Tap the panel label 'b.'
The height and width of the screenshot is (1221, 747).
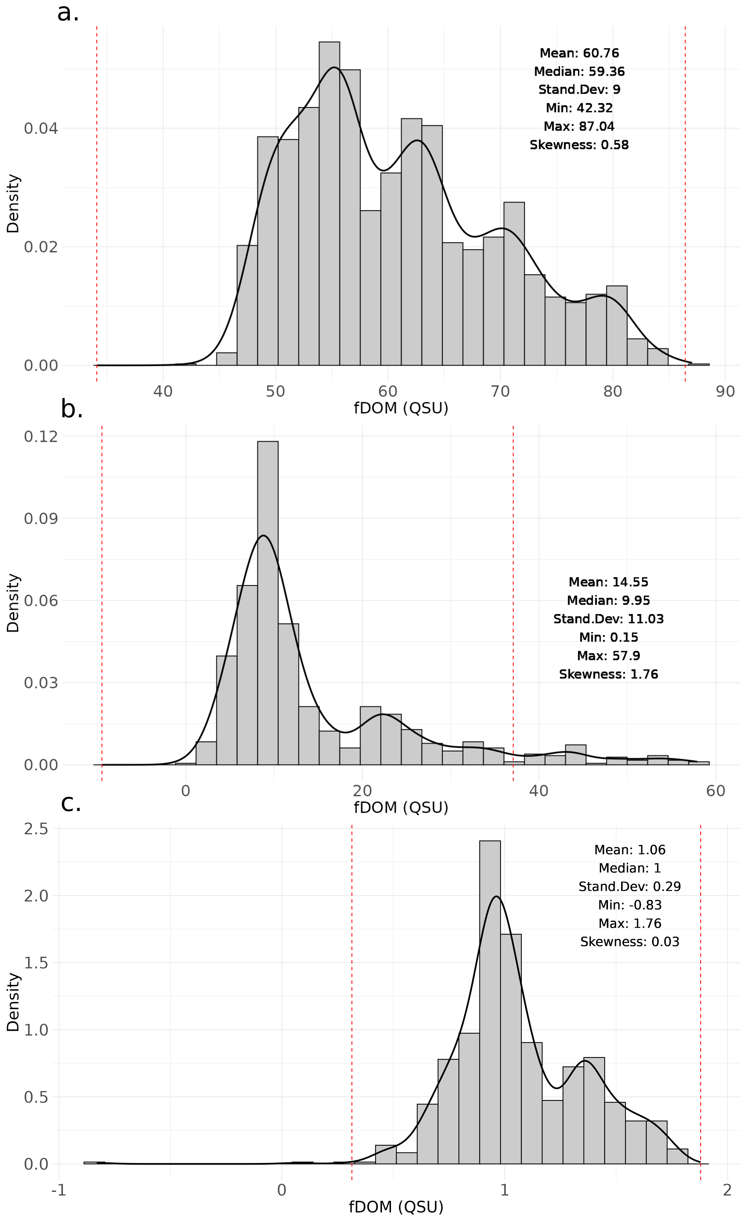pos(72,410)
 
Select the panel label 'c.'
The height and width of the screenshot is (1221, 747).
pos(71,803)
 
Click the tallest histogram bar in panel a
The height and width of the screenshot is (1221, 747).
pos(329,203)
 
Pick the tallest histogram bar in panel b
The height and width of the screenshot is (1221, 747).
pos(268,603)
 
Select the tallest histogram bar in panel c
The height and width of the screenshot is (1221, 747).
pos(490,1002)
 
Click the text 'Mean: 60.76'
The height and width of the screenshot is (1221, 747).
pos(579,53)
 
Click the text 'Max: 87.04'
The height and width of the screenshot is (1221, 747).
pos(579,126)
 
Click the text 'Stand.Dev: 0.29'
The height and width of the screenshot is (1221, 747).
pos(630,887)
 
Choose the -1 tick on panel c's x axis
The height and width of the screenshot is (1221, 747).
pos(59,1190)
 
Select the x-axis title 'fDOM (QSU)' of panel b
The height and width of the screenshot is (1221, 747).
pos(401,808)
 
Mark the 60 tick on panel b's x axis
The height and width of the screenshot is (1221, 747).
pos(715,791)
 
